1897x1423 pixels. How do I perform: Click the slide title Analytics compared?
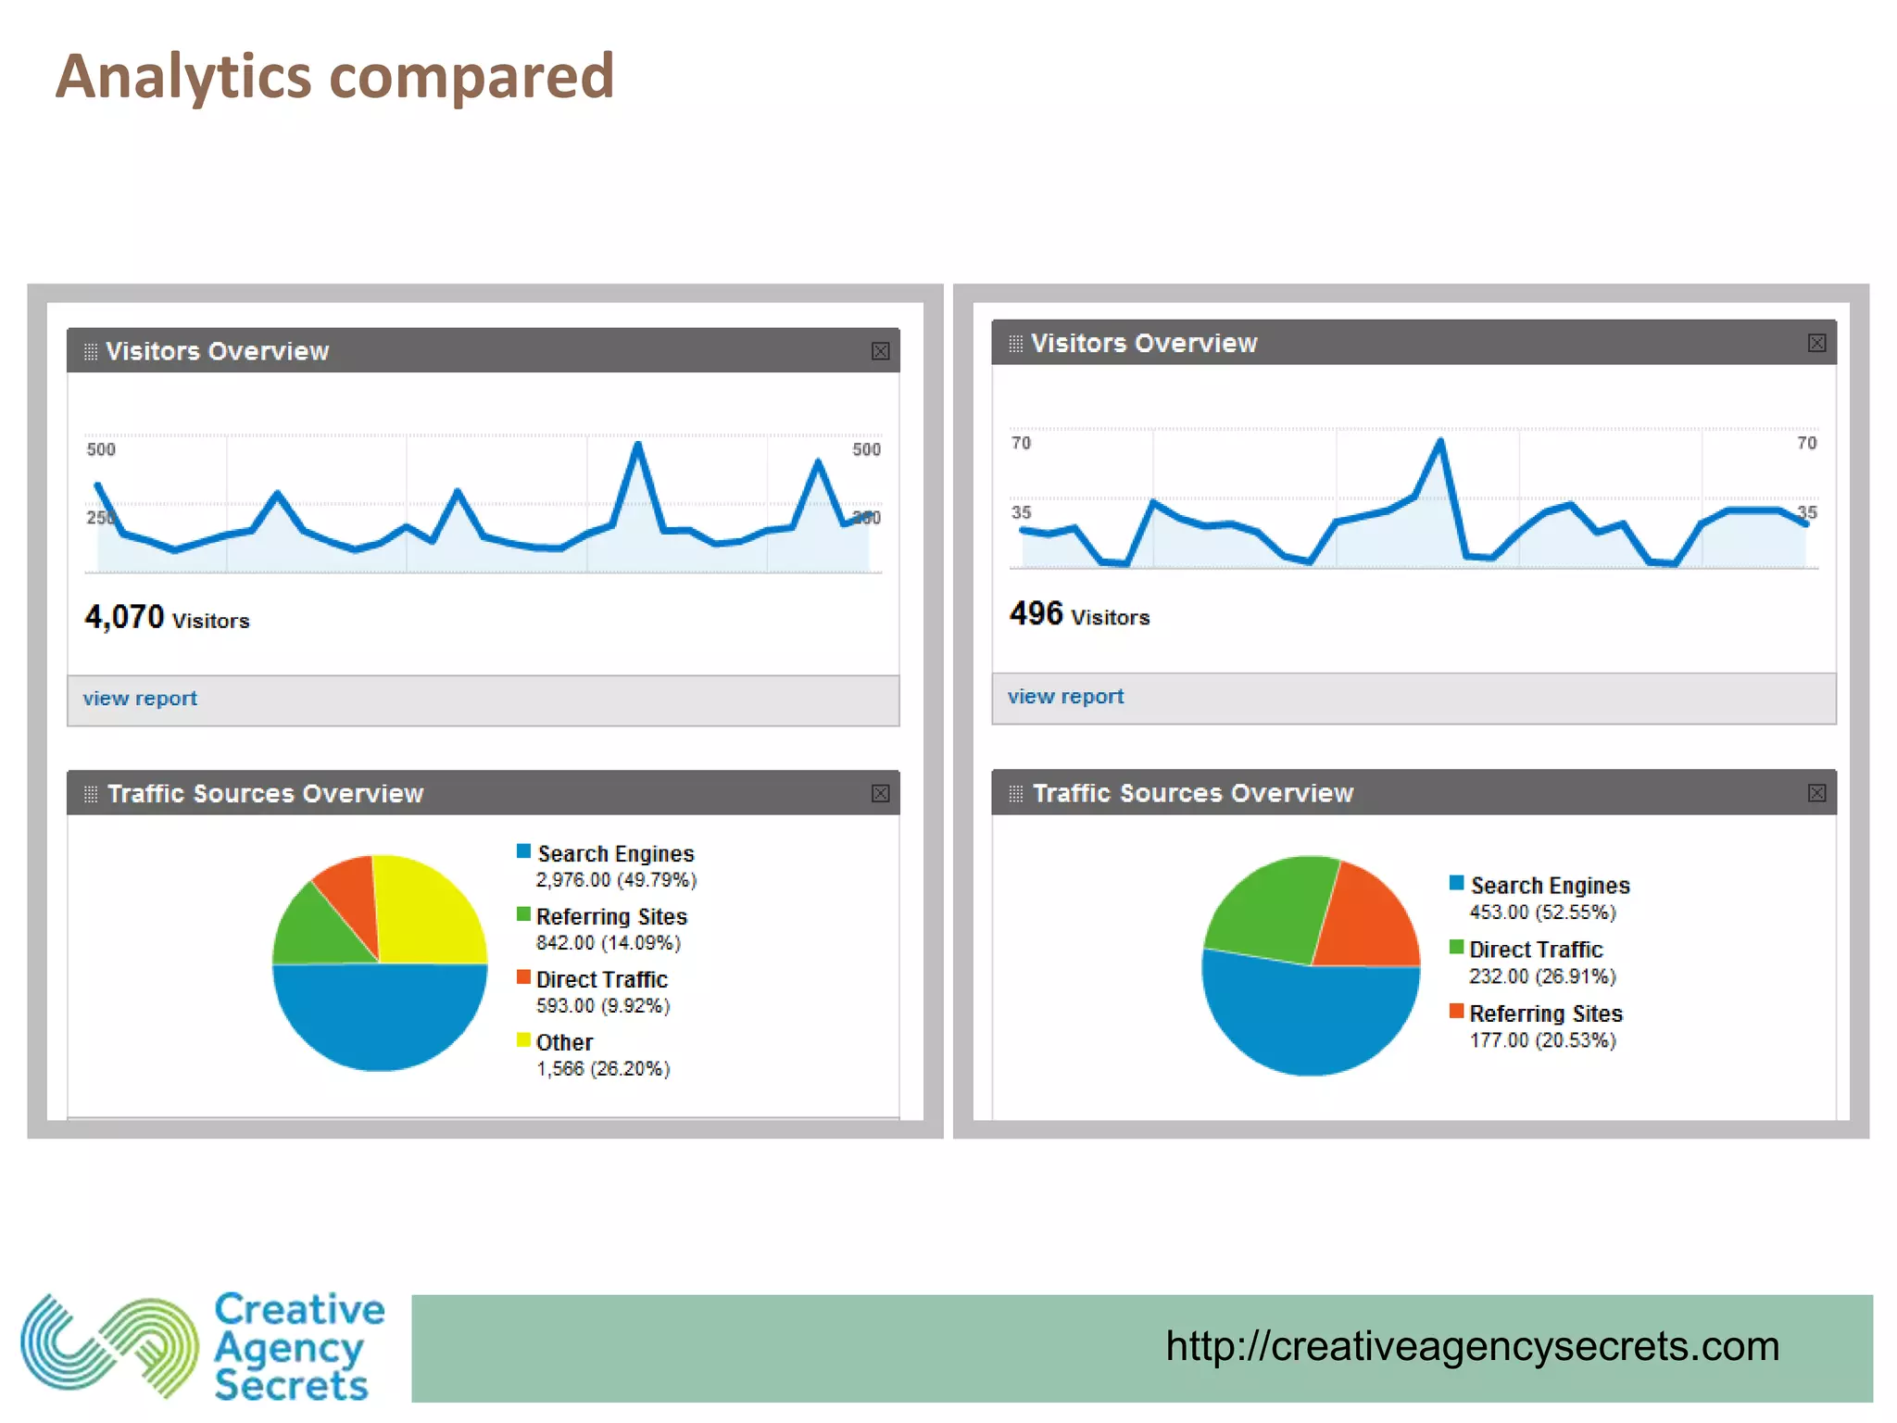[334, 77]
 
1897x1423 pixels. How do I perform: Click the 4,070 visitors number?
[124, 617]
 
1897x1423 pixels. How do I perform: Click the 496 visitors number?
[1036, 613]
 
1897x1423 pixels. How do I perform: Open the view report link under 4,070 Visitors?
[140, 699]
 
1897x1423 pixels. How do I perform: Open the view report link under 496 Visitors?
[1065, 697]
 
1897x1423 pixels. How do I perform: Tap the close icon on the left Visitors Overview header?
[880, 351]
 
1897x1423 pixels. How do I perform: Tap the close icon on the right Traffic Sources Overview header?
[1816, 793]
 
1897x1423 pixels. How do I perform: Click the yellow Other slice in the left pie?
[426, 908]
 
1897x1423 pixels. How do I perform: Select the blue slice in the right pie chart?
[1306, 1019]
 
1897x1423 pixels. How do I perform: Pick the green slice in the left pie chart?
[320, 931]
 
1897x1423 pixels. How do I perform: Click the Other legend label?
[564, 1042]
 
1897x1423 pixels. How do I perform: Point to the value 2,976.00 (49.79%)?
[616, 880]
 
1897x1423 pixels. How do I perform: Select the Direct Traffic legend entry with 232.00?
[1535, 950]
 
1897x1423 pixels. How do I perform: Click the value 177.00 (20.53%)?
[1542, 1040]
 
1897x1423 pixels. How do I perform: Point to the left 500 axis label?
[101, 449]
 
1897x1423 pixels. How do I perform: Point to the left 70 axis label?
[1021, 443]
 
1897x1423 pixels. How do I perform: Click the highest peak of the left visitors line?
[637, 446]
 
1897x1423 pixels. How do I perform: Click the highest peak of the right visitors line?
[1440, 441]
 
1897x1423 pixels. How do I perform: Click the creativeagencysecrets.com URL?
[1472, 1346]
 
